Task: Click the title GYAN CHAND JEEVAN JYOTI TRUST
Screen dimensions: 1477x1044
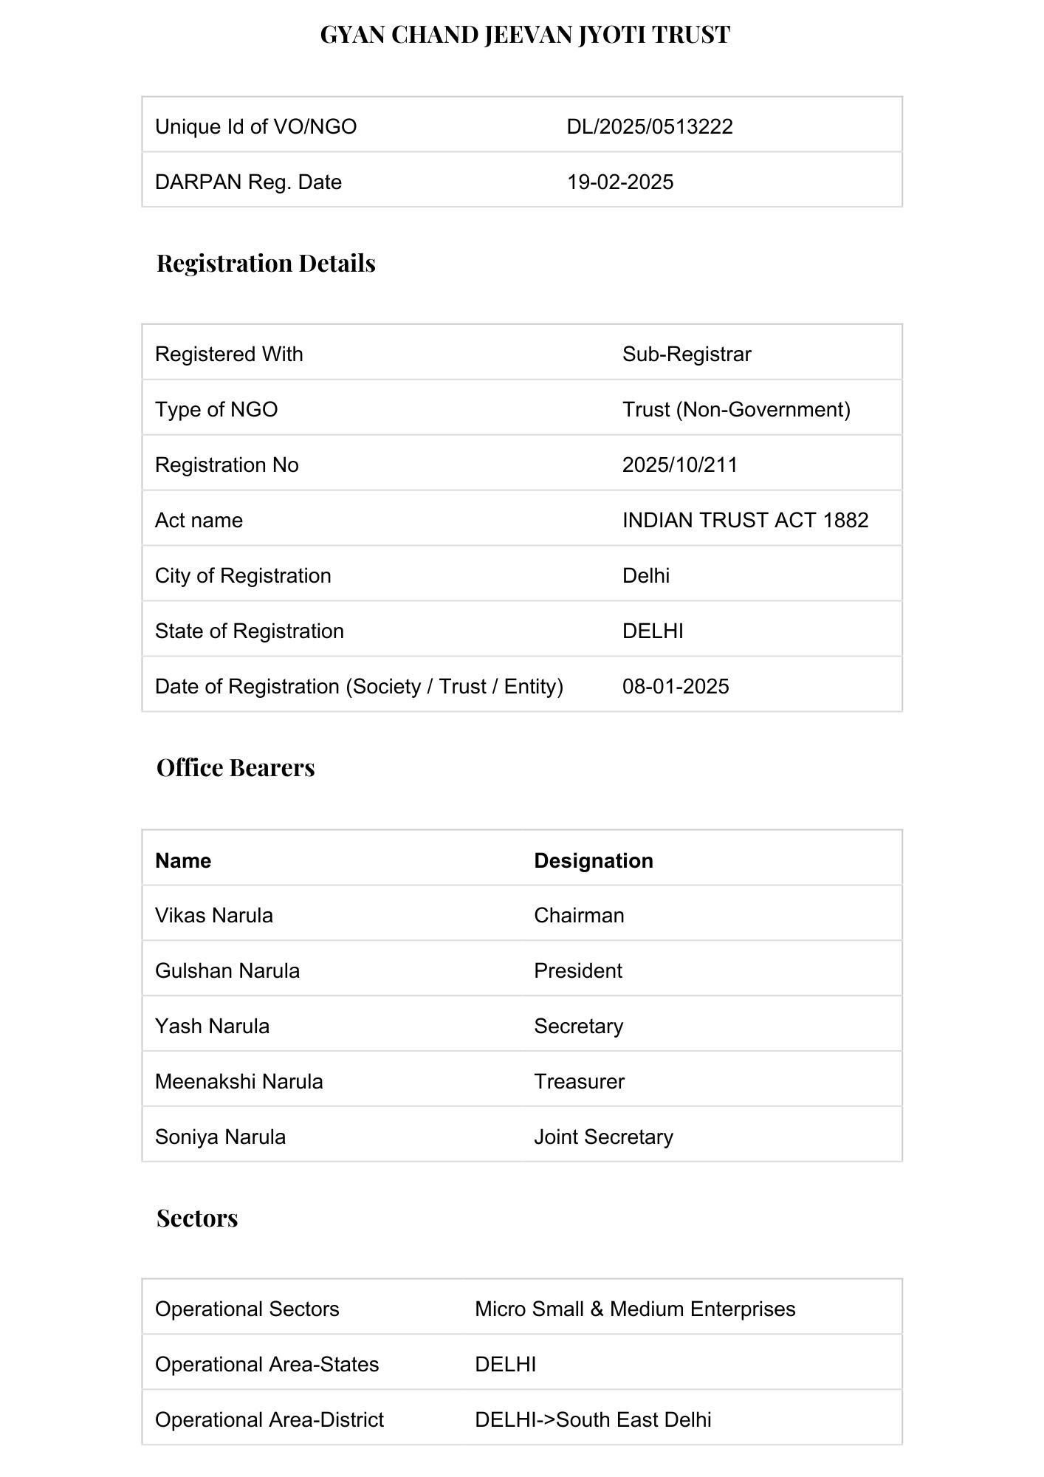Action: click(x=525, y=35)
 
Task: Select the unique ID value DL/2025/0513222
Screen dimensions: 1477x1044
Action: click(x=650, y=126)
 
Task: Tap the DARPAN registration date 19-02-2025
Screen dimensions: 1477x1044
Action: click(x=620, y=182)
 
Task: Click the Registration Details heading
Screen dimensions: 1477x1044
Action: click(x=266, y=263)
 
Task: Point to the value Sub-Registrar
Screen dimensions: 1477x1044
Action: click(x=687, y=354)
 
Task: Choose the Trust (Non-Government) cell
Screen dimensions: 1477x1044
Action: click(x=736, y=409)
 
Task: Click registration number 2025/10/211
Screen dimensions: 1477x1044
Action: click(x=680, y=465)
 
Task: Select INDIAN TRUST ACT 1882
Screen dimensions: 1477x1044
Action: click(x=745, y=520)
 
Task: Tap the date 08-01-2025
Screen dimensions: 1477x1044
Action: click(x=676, y=686)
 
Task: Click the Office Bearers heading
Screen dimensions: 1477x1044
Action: click(x=236, y=767)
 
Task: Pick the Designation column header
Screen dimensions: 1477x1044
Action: click(x=594, y=860)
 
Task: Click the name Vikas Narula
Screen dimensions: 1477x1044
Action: click(x=214, y=915)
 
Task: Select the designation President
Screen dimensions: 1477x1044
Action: click(x=578, y=970)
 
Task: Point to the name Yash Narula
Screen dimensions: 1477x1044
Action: click(x=212, y=1026)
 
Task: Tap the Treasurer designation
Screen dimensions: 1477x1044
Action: click(x=579, y=1081)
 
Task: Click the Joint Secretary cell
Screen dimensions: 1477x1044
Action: click(x=603, y=1137)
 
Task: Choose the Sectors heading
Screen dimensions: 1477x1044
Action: click(x=197, y=1218)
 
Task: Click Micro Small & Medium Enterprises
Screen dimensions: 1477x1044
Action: click(x=635, y=1309)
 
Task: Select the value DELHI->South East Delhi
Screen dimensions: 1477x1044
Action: click(x=593, y=1419)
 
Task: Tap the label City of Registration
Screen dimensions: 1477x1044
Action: click(x=243, y=575)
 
